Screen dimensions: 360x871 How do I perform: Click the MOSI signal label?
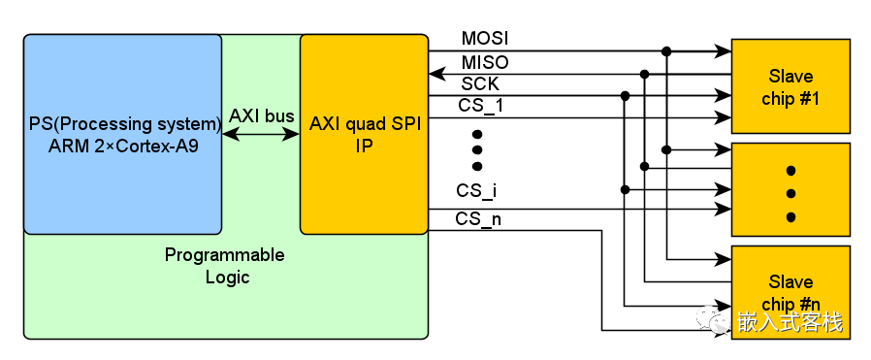click(x=484, y=39)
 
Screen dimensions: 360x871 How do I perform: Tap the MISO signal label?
click(x=484, y=62)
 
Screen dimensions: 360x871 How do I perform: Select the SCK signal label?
click(x=480, y=83)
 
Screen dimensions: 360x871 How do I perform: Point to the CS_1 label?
click(x=480, y=105)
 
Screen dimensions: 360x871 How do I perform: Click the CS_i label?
click(x=476, y=191)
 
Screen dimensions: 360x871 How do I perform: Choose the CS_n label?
click(x=478, y=219)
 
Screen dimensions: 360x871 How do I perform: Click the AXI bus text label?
click(x=262, y=116)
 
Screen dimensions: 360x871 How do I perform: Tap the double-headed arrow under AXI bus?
click(x=262, y=136)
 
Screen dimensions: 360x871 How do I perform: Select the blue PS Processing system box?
click(x=122, y=135)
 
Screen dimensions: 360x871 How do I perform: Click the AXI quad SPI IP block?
click(x=364, y=135)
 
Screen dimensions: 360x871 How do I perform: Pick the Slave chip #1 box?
click(x=790, y=87)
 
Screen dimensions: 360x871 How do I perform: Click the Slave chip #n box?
click(x=790, y=292)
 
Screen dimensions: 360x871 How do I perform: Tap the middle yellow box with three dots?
click(x=790, y=190)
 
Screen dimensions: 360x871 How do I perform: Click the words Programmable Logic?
click(x=225, y=266)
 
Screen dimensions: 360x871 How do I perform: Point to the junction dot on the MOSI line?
click(x=666, y=50)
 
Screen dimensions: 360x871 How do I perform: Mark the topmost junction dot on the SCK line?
click(x=625, y=95)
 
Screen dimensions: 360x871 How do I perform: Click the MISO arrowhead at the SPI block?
click(x=435, y=73)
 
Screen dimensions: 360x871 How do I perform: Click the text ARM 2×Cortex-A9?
click(x=122, y=146)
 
